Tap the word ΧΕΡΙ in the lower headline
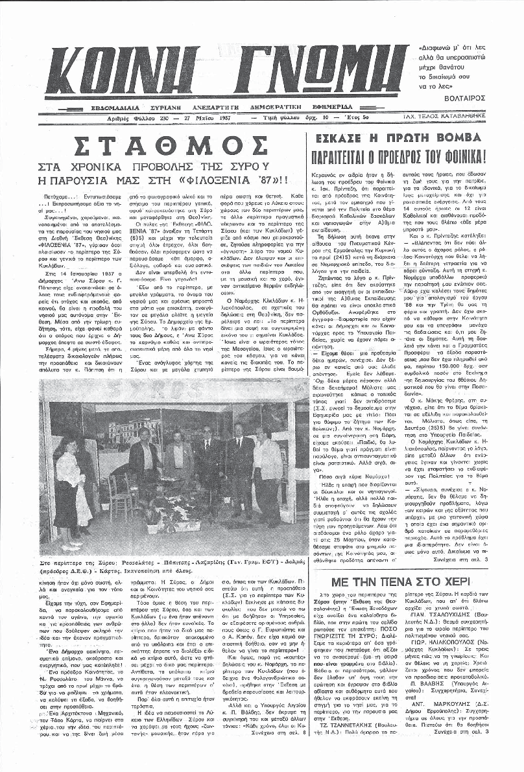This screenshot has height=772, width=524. click(x=466, y=563)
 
